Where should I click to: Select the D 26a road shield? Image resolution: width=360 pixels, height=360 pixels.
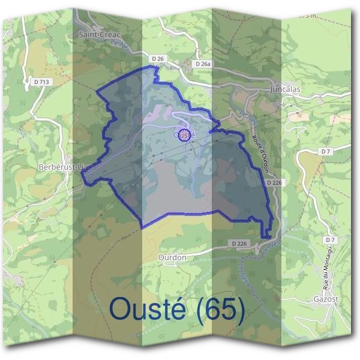(x=202, y=64)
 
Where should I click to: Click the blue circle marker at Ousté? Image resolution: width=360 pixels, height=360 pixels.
(x=185, y=134)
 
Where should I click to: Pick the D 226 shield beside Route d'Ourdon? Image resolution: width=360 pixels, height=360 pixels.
(x=272, y=181)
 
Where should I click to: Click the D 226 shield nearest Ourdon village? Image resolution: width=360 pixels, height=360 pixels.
(x=239, y=244)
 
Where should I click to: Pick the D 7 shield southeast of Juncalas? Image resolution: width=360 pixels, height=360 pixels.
(x=326, y=151)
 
